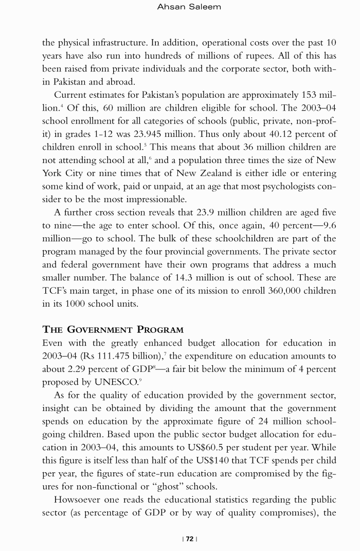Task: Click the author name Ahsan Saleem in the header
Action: click(x=189, y=7)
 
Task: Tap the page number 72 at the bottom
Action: click(x=189, y=539)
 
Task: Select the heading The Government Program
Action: click(x=113, y=329)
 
